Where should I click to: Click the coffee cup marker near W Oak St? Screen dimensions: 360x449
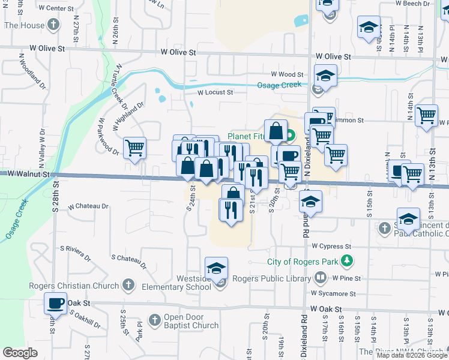56,303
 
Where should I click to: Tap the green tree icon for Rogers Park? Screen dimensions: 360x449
346,261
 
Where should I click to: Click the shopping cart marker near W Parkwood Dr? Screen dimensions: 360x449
135,148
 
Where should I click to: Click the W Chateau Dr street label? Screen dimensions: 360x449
88,206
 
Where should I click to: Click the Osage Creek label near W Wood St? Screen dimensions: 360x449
279,85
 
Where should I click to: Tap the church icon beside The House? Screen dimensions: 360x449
53,25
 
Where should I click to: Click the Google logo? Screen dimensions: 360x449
20,353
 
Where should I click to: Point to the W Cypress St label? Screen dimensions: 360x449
331,247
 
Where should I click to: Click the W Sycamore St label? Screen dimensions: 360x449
333,294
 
